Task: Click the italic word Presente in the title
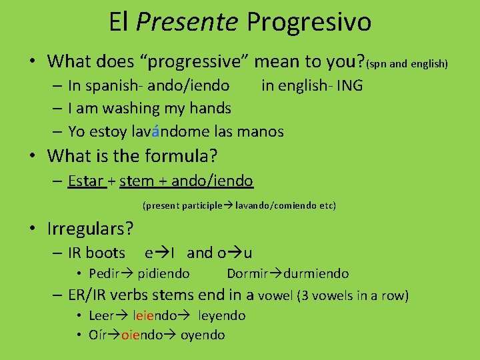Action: pyautogui.click(x=187, y=22)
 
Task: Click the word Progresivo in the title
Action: pyautogui.click(x=309, y=22)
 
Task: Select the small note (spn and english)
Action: pyautogui.click(x=407, y=64)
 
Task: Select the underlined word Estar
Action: pyautogui.click(x=87, y=181)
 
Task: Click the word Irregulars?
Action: pyautogui.click(x=91, y=229)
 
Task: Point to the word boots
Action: pyautogui.click(x=105, y=253)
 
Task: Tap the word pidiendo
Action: pyautogui.click(x=163, y=273)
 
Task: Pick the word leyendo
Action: pyautogui.click(x=222, y=315)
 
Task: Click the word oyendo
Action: pyautogui.click(x=203, y=335)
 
